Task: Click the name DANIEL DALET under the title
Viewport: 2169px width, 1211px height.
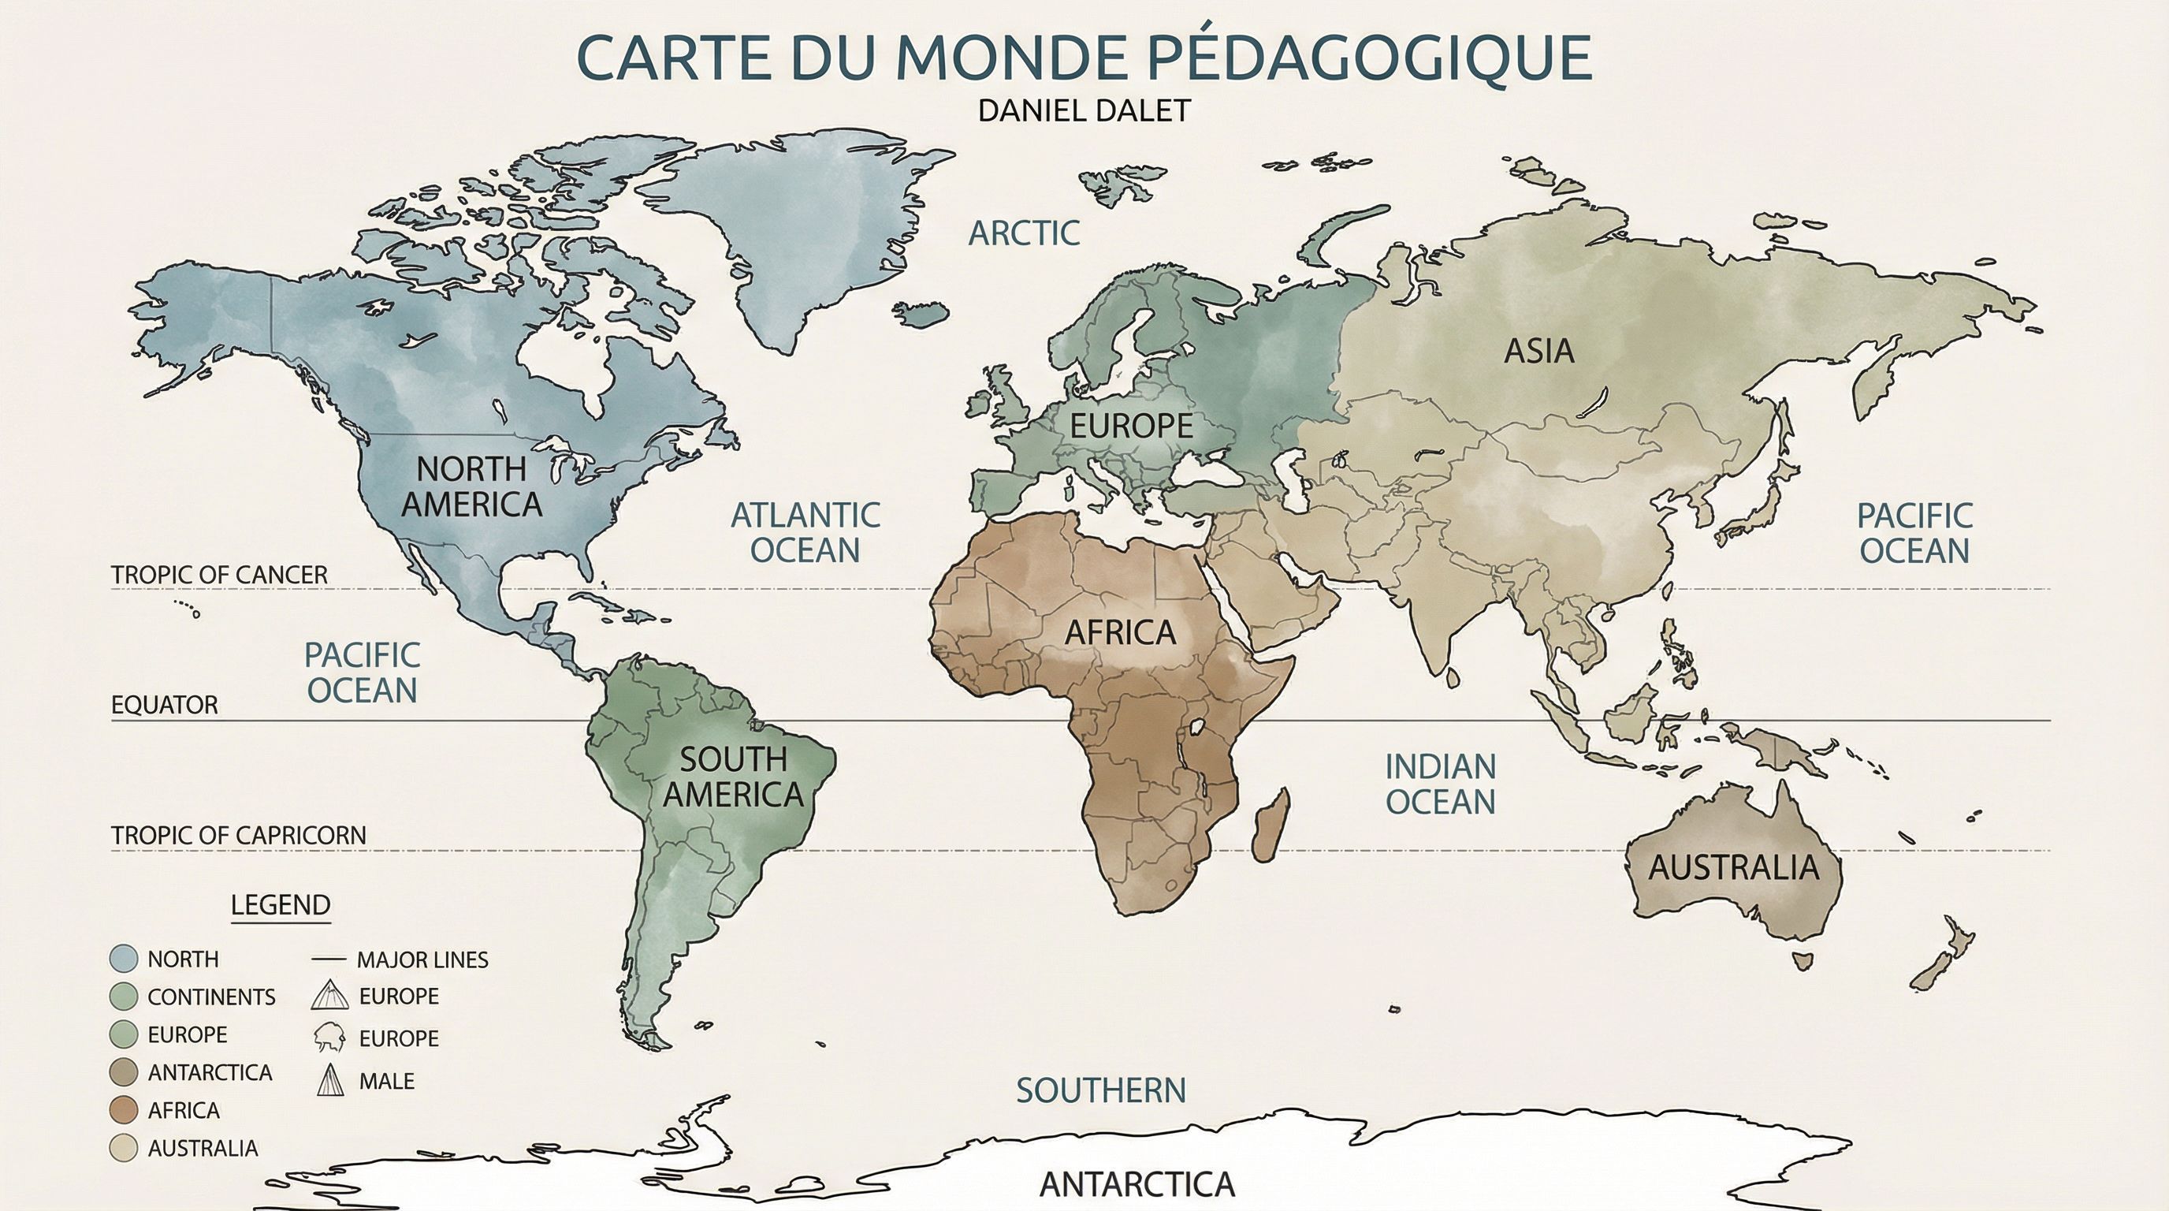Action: (x=1084, y=110)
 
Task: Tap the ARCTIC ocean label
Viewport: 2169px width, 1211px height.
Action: (x=1023, y=233)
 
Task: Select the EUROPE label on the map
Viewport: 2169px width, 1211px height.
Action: (x=1131, y=426)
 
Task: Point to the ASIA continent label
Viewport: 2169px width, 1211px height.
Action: (x=1538, y=351)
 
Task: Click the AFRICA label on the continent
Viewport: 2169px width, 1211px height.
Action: (x=1120, y=632)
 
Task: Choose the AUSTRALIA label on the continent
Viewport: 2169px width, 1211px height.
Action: (x=1733, y=867)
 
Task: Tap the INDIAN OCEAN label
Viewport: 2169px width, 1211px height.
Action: (x=1440, y=784)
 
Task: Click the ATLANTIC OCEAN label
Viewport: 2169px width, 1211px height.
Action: (x=805, y=532)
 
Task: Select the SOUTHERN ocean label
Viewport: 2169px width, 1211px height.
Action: (x=1100, y=1090)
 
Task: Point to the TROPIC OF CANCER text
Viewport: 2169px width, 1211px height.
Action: (x=219, y=576)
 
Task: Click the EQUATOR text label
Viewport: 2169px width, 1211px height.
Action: (x=164, y=705)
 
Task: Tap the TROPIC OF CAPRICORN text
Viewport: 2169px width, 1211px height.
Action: (x=238, y=836)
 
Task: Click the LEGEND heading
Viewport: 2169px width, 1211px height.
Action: (x=281, y=905)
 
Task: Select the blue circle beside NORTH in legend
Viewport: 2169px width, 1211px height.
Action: (x=124, y=959)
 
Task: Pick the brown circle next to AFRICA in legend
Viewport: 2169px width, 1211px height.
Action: (x=124, y=1110)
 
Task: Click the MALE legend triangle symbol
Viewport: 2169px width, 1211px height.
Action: (x=331, y=1080)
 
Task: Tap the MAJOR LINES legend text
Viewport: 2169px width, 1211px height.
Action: (x=422, y=959)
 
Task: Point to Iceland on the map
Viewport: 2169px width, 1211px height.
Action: (x=921, y=313)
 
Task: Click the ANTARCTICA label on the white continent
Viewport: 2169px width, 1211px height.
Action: (x=1137, y=1185)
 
